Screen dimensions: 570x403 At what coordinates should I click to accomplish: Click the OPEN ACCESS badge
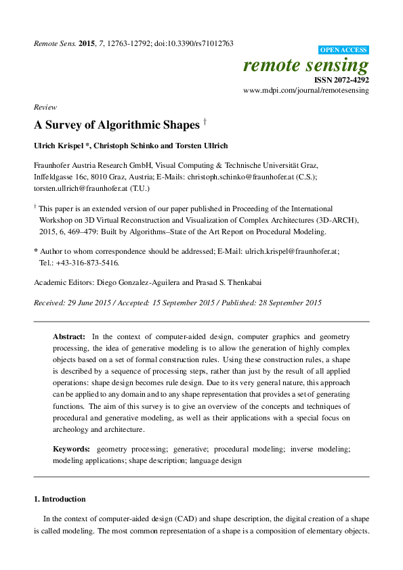(343, 50)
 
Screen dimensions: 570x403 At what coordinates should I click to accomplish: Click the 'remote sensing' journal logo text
(305, 66)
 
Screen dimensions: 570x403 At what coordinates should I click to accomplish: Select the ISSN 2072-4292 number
(342, 80)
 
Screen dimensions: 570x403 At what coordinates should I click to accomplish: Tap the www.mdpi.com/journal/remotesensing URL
(305, 91)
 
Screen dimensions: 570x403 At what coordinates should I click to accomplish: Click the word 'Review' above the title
(45, 107)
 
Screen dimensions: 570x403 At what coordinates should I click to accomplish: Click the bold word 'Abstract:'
(70, 336)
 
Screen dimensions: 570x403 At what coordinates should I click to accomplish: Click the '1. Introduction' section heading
(60, 500)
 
